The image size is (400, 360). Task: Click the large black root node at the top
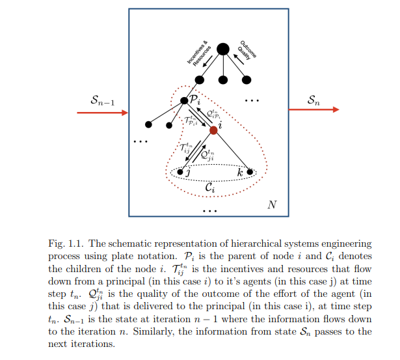click(222, 49)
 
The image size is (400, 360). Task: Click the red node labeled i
click(213, 130)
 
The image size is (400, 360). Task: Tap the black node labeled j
click(180, 172)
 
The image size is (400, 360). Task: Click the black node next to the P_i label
click(183, 100)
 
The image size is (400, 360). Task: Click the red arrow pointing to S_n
click(313, 109)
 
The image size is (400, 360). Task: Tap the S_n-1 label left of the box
click(103, 100)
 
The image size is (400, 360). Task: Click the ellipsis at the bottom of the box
click(209, 212)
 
